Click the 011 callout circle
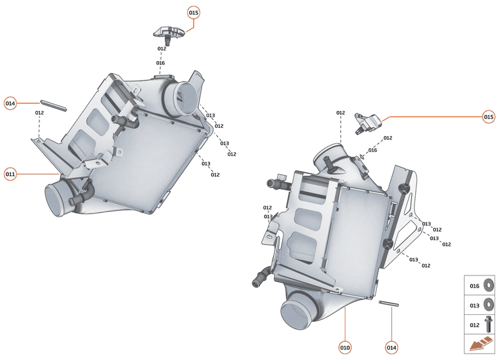[10, 174]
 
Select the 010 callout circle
[345, 348]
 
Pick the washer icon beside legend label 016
[489, 285]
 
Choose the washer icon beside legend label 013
[489, 304]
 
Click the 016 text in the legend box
[474, 286]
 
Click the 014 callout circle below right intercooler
[391, 348]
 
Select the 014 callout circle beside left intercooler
[10, 103]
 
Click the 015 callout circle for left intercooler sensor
[194, 12]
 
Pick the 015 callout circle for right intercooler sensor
[489, 117]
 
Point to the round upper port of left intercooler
[183, 97]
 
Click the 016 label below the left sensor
[161, 63]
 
